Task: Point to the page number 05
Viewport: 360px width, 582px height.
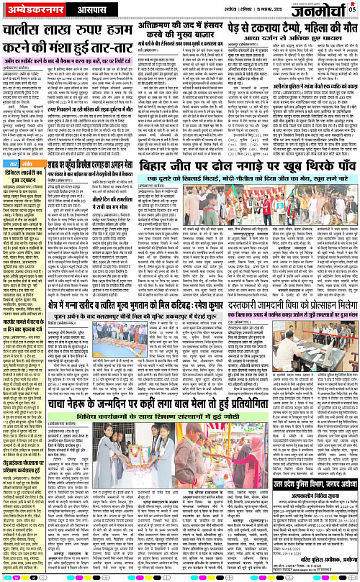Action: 352,9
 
